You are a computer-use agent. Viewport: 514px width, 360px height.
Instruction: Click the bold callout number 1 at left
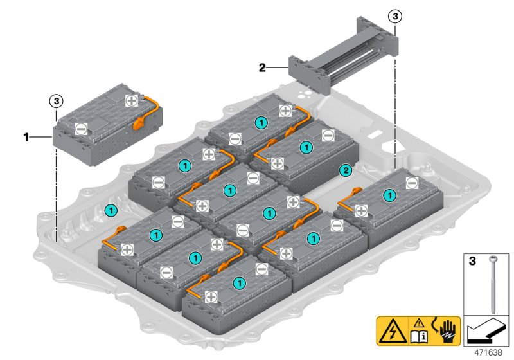click(x=26, y=136)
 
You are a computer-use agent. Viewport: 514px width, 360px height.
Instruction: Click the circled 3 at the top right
click(x=394, y=15)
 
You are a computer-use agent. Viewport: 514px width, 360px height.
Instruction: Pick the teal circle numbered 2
click(x=345, y=170)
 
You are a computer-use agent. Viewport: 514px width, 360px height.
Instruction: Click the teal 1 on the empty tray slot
click(x=111, y=210)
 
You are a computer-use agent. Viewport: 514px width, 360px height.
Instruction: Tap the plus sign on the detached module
click(x=132, y=100)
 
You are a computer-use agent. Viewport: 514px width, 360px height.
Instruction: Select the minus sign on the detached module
click(x=81, y=129)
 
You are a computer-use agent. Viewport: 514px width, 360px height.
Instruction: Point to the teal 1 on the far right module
click(x=389, y=195)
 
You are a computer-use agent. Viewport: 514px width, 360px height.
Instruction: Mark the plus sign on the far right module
click(x=361, y=210)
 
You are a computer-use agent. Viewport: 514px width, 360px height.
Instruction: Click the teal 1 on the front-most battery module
click(x=240, y=282)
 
